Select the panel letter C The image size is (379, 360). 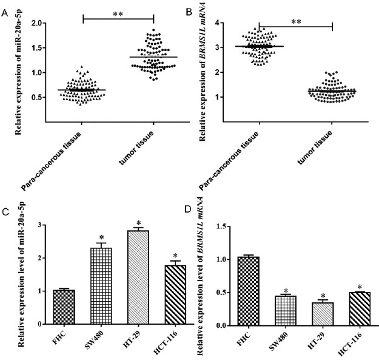pyautogui.click(x=5, y=212)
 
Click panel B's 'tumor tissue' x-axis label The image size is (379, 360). pyautogui.click(x=322, y=139)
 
